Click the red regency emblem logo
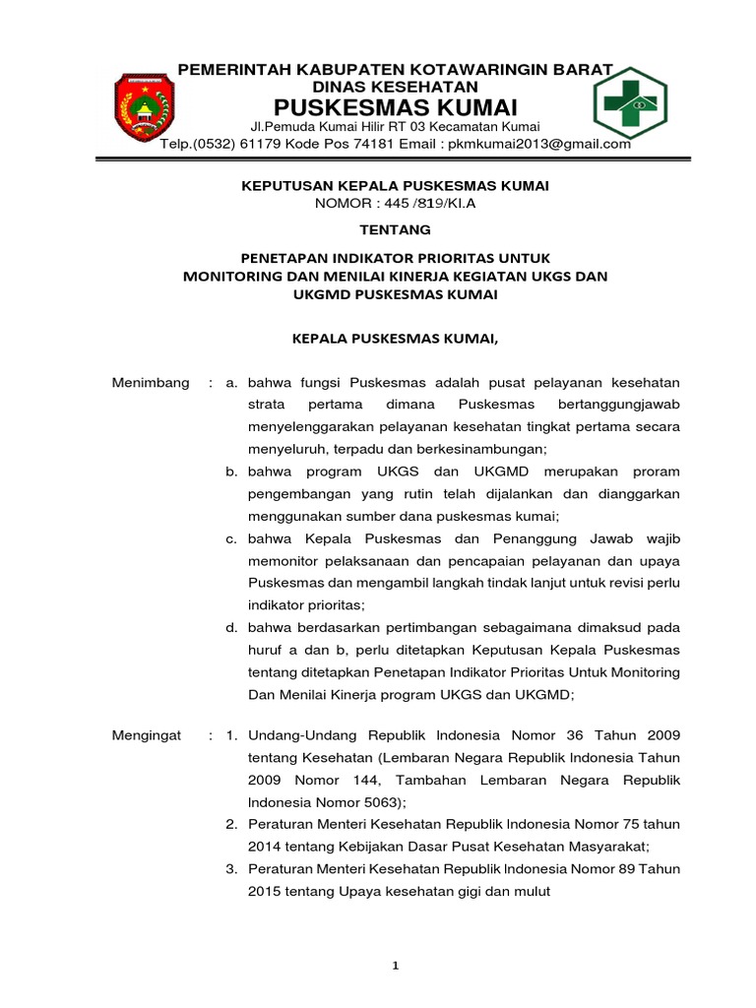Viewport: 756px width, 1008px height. click(145, 106)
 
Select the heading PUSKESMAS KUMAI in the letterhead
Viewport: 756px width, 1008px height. click(395, 106)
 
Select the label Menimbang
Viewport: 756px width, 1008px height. click(151, 382)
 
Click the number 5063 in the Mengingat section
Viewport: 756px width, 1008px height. click(356, 802)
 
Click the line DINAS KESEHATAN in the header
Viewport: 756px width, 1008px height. click(395, 87)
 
